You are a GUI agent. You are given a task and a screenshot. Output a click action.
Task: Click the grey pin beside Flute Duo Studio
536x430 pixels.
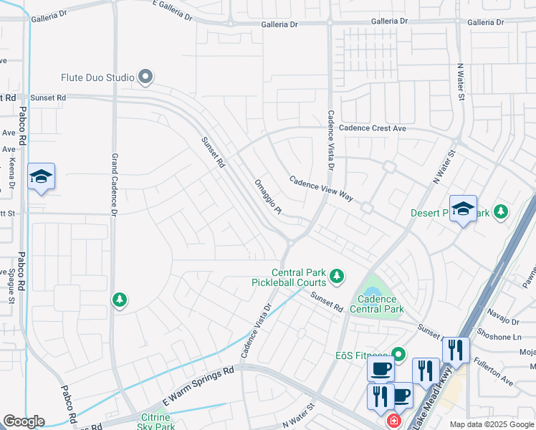pos(146,76)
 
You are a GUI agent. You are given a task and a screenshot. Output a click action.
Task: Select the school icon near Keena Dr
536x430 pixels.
pos(41,177)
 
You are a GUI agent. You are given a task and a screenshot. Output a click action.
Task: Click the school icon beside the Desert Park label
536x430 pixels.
pos(463,209)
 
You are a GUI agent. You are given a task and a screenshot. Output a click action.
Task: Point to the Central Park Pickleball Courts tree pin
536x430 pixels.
pos(336,275)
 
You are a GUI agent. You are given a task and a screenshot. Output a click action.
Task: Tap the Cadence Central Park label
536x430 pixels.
pos(377,304)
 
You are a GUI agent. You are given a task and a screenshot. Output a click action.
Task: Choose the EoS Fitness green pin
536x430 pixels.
pos(398,354)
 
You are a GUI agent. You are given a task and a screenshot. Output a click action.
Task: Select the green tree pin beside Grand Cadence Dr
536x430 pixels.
pos(120,300)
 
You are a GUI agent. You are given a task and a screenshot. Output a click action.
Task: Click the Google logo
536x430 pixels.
pos(24,421)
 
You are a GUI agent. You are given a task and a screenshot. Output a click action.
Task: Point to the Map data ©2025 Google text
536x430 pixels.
pos(492,424)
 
